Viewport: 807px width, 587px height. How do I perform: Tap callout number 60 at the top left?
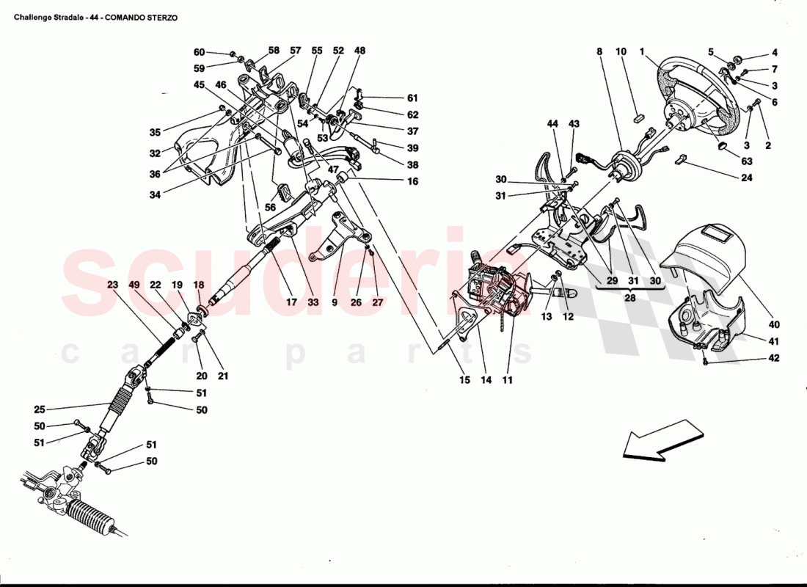[x=199, y=52]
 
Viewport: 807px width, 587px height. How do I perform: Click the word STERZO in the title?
[x=160, y=15]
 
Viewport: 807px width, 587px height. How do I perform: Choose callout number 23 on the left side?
[x=112, y=285]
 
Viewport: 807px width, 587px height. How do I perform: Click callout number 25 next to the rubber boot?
[x=40, y=409]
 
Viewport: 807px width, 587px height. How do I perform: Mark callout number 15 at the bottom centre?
[x=465, y=380]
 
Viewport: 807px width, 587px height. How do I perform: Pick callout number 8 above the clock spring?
[x=599, y=52]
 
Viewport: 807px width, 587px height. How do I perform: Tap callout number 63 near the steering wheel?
[x=747, y=161]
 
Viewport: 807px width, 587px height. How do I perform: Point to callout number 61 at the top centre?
[x=412, y=98]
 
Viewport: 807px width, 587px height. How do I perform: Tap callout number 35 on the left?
[x=154, y=133]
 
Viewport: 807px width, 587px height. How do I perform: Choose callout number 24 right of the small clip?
[x=747, y=177]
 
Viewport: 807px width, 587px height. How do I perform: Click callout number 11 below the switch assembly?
[x=507, y=380]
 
